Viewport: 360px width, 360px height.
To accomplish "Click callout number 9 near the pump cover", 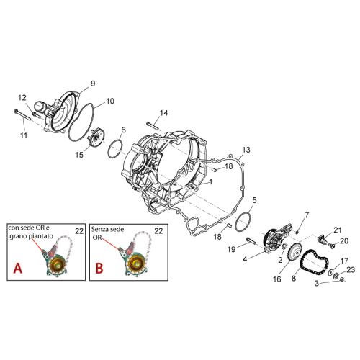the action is tap(93, 84).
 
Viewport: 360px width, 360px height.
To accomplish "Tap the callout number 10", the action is tap(110, 101).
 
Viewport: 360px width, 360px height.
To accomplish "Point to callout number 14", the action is tap(163, 113).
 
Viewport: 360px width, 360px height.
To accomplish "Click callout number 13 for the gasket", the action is tap(246, 150).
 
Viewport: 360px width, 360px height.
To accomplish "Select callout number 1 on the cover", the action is tap(211, 182).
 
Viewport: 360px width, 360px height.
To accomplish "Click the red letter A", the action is tap(17, 268).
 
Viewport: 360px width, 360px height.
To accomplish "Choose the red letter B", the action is tap(99, 268).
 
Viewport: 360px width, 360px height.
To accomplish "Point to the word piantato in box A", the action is tap(40, 236).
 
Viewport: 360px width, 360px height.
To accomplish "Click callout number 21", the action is tap(337, 230).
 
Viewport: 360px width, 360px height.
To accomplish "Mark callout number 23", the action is tap(351, 270).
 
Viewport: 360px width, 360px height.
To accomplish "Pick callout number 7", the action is tap(307, 215).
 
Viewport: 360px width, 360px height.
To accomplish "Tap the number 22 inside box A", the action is tap(79, 231).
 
